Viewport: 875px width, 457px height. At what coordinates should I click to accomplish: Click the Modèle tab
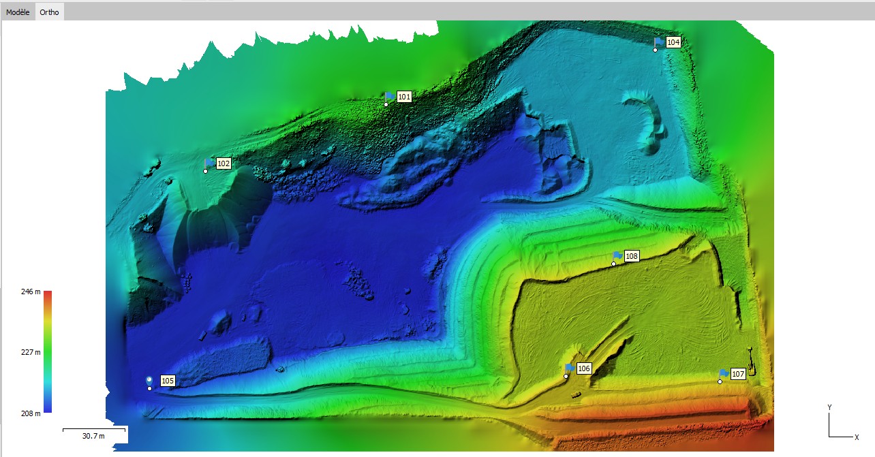(18, 12)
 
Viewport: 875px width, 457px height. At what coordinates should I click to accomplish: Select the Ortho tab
(49, 12)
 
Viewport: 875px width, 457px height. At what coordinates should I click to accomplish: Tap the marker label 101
(404, 97)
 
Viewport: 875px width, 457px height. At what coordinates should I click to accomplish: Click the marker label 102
(224, 163)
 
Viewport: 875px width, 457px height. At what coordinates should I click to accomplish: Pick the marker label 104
(673, 42)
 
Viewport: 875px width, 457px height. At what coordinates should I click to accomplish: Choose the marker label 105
(168, 380)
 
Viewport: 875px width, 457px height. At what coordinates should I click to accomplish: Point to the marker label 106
(583, 368)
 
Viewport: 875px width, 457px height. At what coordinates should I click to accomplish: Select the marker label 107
(738, 374)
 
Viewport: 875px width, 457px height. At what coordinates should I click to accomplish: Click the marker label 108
(632, 256)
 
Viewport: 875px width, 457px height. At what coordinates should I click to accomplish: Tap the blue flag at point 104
(659, 42)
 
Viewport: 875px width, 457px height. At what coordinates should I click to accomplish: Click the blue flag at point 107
(724, 373)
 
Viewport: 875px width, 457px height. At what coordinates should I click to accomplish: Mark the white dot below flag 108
(613, 264)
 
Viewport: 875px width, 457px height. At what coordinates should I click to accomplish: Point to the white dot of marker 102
(205, 171)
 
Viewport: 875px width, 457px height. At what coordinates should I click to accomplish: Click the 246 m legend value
(31, 291)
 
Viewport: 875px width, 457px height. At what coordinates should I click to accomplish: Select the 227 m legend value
(31, 352)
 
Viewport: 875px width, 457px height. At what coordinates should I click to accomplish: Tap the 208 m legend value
(31, 413)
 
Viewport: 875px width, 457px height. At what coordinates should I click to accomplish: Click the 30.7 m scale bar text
(93, 436)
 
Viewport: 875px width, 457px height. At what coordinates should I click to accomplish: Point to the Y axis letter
(829, 407)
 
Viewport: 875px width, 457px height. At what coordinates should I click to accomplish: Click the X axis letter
(857, 437)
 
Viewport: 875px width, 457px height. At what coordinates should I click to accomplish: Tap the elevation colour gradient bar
(48, 351)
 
